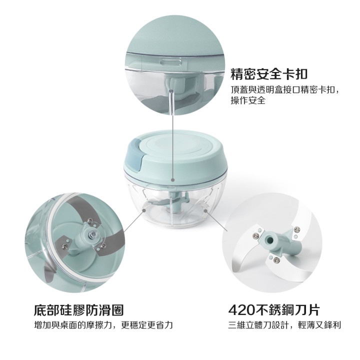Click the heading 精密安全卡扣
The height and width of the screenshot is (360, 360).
[269, 74]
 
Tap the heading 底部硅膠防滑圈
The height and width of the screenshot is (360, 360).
[79, 310]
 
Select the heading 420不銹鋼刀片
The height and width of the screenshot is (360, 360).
[274, 310]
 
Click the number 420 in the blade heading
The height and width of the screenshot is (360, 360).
[241, 310]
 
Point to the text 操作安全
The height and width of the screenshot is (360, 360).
[248, 100]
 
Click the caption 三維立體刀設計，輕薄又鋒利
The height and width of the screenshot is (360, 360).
[284, 325]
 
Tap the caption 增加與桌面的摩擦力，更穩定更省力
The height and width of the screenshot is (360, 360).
[103, 325]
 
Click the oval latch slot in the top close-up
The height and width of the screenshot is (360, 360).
[170, 62]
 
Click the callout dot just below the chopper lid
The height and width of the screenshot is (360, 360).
[172, 180]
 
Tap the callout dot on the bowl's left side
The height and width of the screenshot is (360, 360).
[144, 210]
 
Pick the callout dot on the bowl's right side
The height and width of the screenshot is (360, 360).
[205, 210]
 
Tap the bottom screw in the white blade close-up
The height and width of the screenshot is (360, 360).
[276, 260]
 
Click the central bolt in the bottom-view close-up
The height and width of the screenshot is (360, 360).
[93, 234]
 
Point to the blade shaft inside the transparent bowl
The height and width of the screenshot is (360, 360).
[175, 202]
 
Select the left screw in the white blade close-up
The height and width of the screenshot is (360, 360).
[255, 235]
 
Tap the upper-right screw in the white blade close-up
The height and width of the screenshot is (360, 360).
[297, 229]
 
